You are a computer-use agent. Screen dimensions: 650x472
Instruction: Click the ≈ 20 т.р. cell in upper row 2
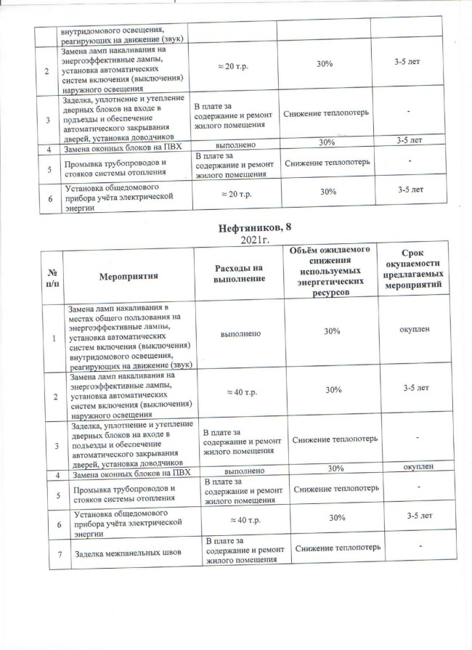pos(235,65)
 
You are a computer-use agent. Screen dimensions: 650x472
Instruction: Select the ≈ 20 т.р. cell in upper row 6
pos(235,193)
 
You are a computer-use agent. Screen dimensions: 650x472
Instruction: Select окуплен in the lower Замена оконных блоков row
pos(424,468)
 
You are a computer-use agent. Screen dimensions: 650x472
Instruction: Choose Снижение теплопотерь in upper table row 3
pos(326,114)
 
